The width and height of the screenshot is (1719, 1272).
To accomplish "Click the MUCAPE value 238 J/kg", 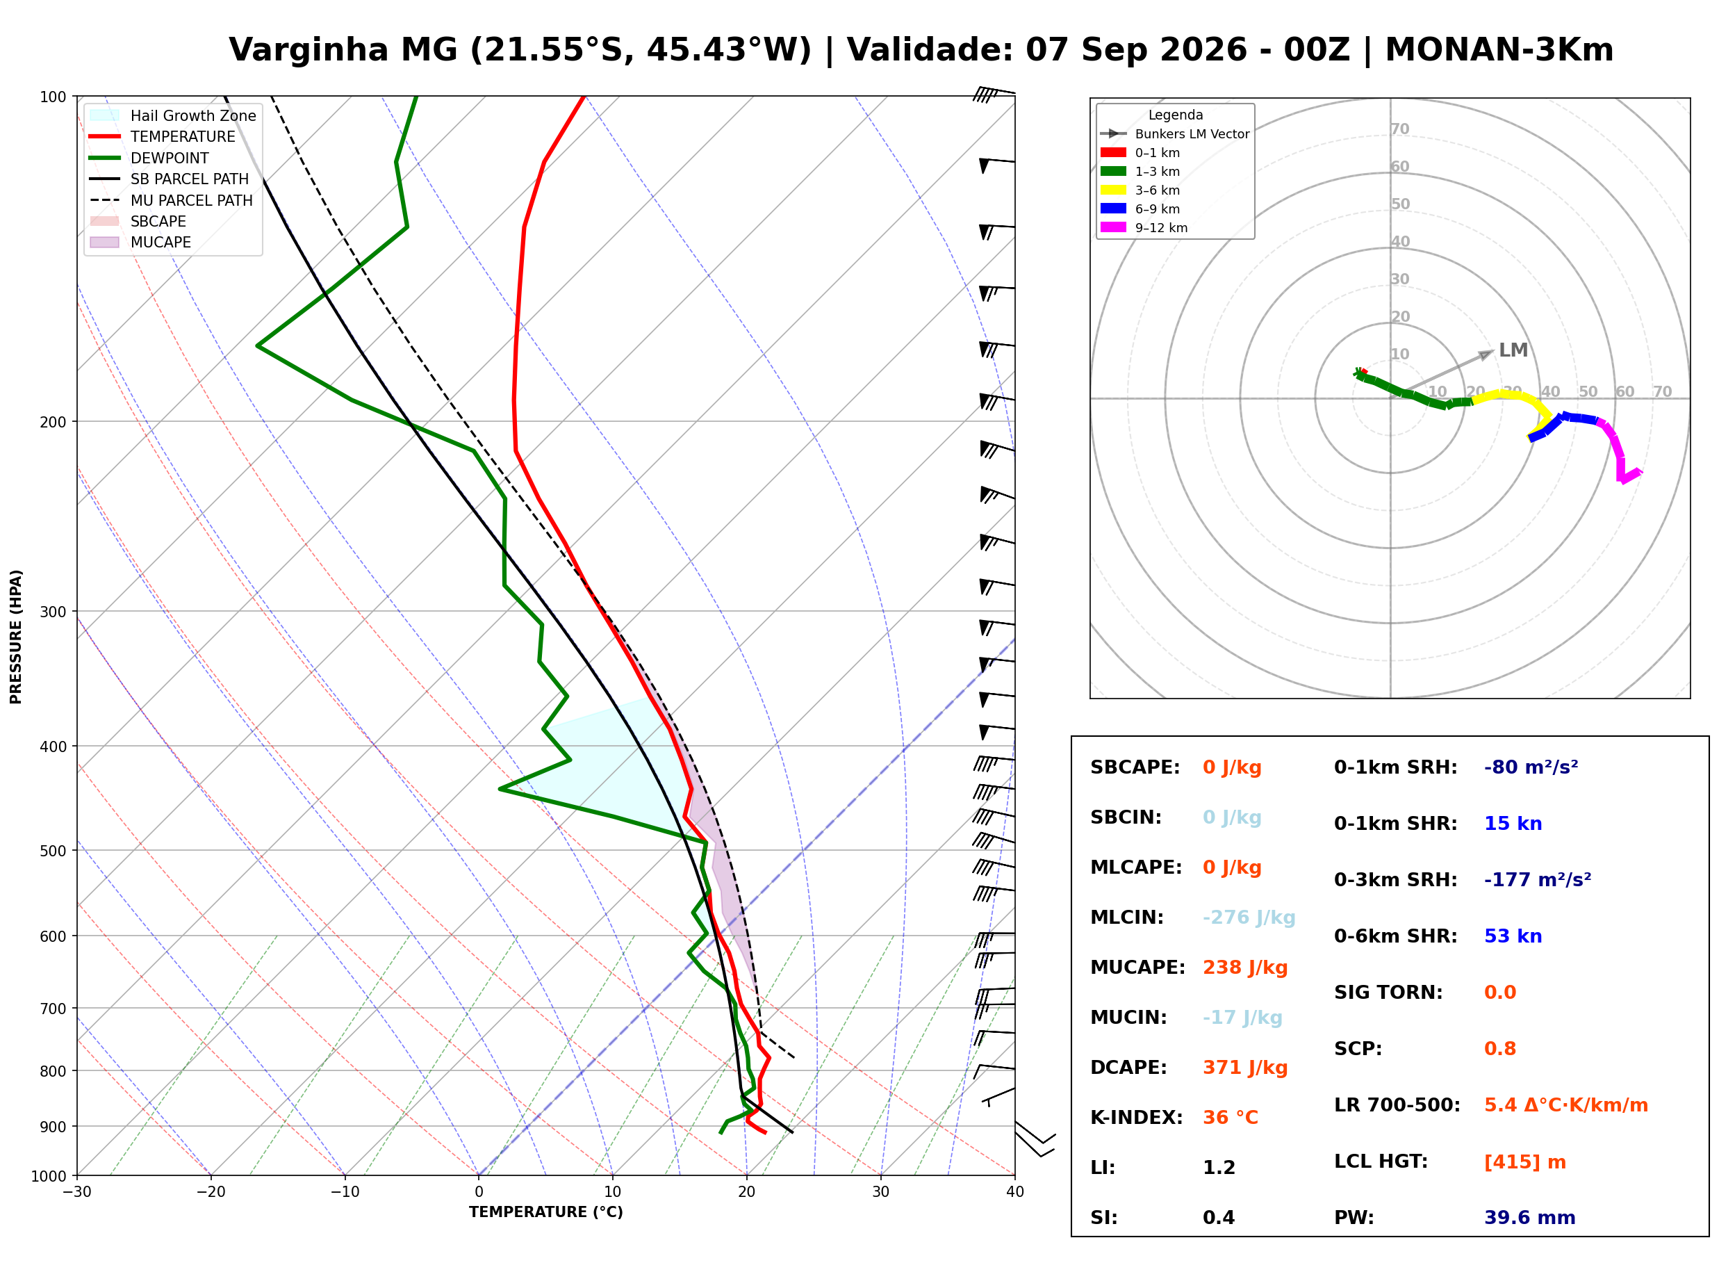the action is click(1244, 967).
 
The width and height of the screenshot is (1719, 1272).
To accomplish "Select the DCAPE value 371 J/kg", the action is click(1244, 1067).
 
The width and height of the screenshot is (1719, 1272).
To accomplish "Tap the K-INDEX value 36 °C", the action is click(1231, 1117).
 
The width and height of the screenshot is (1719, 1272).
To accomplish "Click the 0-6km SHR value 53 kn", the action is click(1513, 936).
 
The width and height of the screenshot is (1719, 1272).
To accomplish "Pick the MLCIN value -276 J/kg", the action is click(1249, 917).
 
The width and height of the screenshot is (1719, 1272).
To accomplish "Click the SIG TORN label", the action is click(1388, 993).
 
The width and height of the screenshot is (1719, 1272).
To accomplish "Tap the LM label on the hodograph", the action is click(1513, 350).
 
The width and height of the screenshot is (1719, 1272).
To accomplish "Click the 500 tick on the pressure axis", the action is click(53, 851).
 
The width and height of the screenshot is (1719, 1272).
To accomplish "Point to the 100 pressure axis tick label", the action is click(53, 97).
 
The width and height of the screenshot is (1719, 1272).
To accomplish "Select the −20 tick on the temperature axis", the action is click(211, 1192).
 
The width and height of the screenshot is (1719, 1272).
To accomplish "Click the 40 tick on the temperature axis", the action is click(1014, 1192).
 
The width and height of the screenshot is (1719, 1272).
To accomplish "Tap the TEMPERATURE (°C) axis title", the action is click(545, 1212).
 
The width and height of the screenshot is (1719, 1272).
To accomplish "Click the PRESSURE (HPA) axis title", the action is click(16, 637).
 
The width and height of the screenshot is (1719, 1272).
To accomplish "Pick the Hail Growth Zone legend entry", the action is click(173, 115).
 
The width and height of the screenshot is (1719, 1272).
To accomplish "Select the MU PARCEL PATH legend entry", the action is click(172, 200).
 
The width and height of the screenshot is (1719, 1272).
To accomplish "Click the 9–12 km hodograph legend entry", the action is click(1144, 228).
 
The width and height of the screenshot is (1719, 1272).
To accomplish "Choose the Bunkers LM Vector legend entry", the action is click(1175, 134).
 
